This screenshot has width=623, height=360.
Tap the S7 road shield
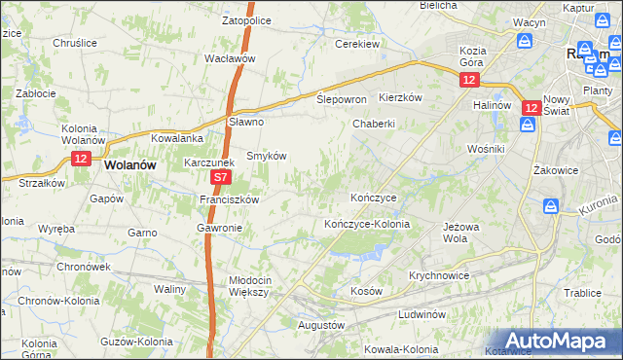point(221,178)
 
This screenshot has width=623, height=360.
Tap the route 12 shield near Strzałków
point(81,158)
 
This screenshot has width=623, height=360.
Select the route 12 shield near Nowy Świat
point(531,109)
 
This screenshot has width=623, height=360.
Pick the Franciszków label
point(228,199)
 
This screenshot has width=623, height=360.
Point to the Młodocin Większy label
point(256,285)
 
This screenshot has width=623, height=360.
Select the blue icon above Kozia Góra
point(525,41)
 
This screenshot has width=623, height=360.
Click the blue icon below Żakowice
point(550,205)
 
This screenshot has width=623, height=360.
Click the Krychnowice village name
point(439,275)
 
